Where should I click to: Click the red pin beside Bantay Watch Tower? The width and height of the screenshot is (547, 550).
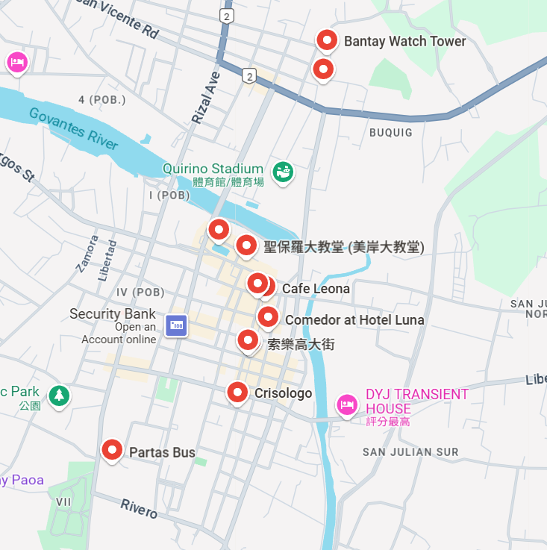(x=326, y=40)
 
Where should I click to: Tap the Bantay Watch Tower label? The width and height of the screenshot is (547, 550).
(x=404, y=42)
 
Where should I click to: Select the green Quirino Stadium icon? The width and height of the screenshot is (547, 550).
(x=283, y=172)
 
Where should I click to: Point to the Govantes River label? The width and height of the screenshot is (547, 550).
(x=74, y=128)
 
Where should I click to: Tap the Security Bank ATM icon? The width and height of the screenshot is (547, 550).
(x=176, y=325)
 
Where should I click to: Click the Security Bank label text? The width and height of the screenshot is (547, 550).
(x=113, y=314)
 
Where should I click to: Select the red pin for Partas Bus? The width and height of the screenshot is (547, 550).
(x=112, y=449)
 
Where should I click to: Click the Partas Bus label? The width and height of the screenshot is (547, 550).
(x=162, y=452)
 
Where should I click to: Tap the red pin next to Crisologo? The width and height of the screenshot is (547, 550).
(x=237, y=392)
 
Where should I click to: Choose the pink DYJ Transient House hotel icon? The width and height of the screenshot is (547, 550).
(x=346, y=404)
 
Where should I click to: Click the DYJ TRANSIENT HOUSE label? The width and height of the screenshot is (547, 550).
(x=416, y=401)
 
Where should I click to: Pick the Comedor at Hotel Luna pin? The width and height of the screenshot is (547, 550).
(x=268, y=317)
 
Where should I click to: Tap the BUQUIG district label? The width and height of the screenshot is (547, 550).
(x=390, y=133)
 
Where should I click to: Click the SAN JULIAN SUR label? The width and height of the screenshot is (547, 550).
(x=410, y=452)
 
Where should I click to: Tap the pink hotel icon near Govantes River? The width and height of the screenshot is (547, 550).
(x=16, y=63)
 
